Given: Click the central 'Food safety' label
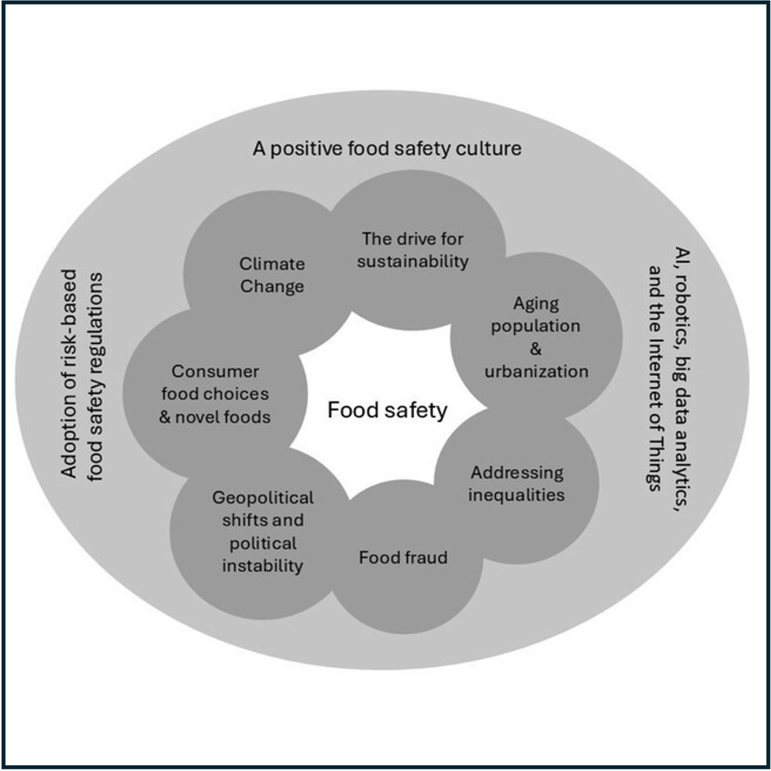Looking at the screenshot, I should (x=387, y=410).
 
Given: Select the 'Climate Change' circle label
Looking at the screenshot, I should (x=272, y=275).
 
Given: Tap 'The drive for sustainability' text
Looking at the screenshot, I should (x=413, y=250).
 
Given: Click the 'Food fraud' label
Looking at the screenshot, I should (x=403, y=557).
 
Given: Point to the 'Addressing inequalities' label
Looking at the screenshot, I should (x=516, y=483).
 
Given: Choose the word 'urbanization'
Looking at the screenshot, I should (x=536, y=371).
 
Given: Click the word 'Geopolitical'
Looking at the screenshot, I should (x=262, y=497).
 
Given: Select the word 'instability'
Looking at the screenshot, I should (x=262, y=565).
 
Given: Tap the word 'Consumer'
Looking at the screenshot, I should (x=215, y=371).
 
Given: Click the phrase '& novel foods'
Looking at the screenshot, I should (x=215, y=417).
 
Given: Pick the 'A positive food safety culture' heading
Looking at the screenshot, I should (x=387, y=149).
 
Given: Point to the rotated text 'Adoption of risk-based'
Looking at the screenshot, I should (x=68, y=373).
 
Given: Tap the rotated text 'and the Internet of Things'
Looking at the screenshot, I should (x=655, y=378).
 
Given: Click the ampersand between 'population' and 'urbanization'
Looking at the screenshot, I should (x=535, y=349).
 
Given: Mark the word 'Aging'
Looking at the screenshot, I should (x=536, y=304).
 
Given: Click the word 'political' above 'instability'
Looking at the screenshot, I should (x=262, y=543).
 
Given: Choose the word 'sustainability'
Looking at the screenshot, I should (x=413, y=261).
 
